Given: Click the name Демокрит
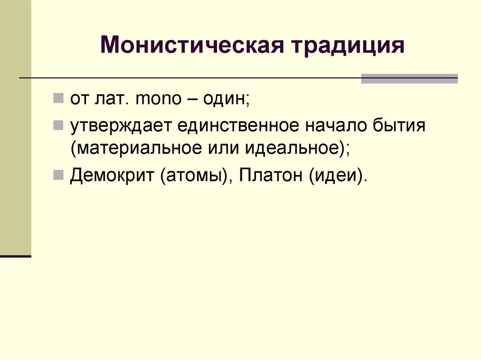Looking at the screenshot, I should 112,177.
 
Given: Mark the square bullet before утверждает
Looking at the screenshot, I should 59,125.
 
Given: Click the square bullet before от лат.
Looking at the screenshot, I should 59,99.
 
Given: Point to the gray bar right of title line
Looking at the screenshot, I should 409,78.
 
